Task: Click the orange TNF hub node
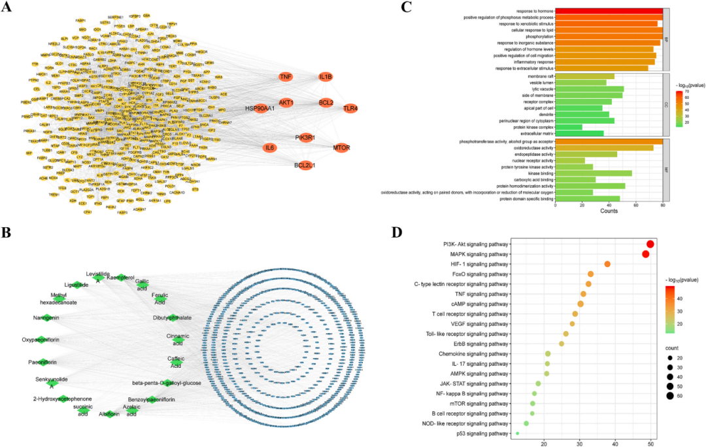coord(286,77)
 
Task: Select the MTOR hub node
coord(342,147)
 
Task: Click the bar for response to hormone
coord(609,10)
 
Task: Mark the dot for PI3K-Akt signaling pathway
coord(650,244)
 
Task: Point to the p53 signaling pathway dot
coord(517,433)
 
